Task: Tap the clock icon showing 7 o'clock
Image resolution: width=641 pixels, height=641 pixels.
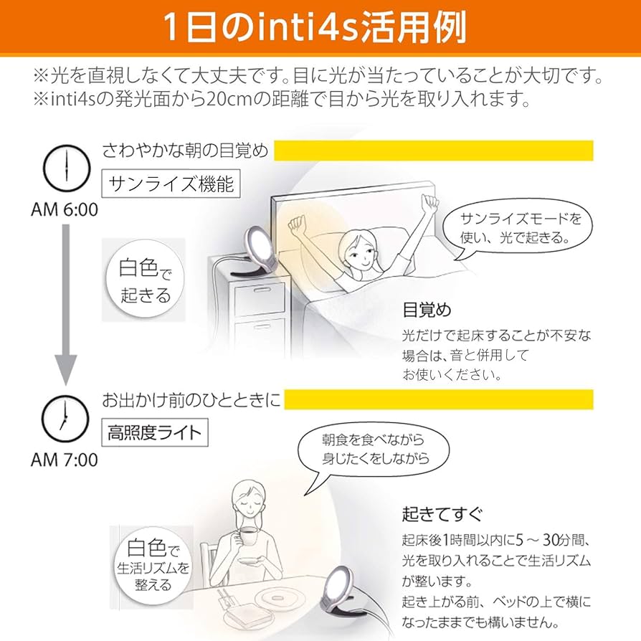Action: pyautogui.click(x=65, y=419)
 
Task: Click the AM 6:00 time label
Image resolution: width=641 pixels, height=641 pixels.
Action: pyautogui.click(x=65, y=209)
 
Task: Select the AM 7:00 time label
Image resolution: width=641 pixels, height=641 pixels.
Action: pyautogui.click(x=65, y=459)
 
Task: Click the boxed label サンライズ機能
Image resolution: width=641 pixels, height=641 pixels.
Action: pyautogui.click(x=171, y=184)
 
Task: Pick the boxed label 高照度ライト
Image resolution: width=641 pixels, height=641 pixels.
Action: pyautogui.click(x=155, y=433)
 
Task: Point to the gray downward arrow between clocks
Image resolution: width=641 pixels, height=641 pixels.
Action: pyautogui.click(x=65, y=301)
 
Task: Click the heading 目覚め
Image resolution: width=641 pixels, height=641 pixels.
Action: pyautogui.click(x=427, y=310)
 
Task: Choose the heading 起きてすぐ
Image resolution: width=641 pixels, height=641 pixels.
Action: pyautogui.click(x=442, y=514)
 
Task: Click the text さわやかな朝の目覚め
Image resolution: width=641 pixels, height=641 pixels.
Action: pyautogui.click(x=185, y=151)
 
